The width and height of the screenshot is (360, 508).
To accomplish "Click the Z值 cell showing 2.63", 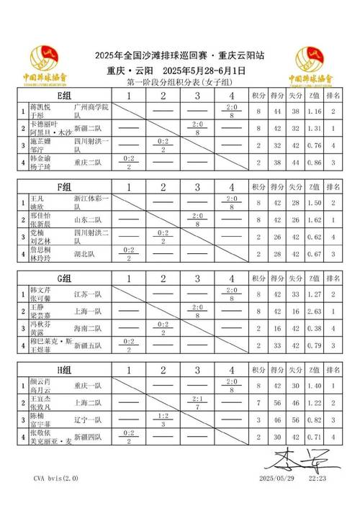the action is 313,310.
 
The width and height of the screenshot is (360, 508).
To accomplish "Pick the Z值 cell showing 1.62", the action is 313,219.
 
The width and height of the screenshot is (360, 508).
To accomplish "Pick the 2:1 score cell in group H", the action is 197,402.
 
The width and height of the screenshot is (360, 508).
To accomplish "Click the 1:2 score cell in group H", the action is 163,419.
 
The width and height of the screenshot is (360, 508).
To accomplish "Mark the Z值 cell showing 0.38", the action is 313,327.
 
